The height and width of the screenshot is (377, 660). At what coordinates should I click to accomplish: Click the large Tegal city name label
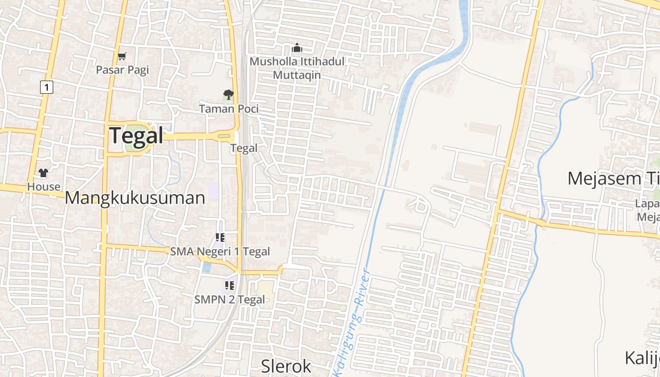(136, 136)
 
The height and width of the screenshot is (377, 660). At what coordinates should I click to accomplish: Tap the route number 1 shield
(46, 87)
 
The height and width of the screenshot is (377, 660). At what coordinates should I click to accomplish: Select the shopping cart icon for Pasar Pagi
(122, 57)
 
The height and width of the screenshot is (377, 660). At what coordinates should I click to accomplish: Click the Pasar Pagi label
(122, 70)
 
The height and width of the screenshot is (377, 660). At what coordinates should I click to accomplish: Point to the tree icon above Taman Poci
(228, 95)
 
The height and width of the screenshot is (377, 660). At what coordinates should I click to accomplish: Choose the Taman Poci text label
(229, 109)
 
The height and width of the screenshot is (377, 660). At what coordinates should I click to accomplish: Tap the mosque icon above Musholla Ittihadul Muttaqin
(297, 48)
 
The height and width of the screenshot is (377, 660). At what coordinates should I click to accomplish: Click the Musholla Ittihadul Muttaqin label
(297, 68)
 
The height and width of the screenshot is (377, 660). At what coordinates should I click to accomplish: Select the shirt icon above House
(44, 173)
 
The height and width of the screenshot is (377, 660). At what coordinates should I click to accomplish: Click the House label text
(44, 187)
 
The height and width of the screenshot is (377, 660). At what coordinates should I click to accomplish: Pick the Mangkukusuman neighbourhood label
(135, 198)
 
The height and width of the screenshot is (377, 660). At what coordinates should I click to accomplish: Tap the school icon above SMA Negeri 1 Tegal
(220, 237)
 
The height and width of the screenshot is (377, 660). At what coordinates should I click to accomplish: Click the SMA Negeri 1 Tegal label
(220, 251)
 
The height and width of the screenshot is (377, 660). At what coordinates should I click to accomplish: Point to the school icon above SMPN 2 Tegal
(230, 285)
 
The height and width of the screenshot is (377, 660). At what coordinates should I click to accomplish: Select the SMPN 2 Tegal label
(230, 299)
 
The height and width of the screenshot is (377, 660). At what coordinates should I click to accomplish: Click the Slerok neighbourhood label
(286, 366)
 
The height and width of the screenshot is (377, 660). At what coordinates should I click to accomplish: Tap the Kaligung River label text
(351, 320)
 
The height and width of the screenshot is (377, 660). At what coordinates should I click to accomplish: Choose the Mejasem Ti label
(613, 179)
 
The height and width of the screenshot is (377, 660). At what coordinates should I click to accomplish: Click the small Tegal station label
(244, 148)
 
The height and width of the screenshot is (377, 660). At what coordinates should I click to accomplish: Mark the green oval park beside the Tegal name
(132, 144)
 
